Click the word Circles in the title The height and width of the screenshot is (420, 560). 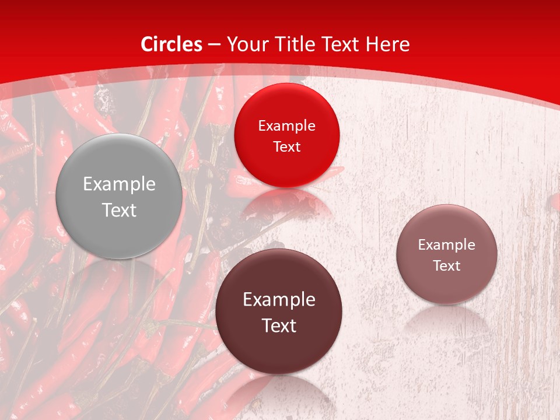click(x=171, y=44)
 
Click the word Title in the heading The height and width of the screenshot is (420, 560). click(x=295, y=44)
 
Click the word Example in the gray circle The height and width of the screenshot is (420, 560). click(x=119, y=184)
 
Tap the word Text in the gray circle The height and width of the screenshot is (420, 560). click(x=119, y=211)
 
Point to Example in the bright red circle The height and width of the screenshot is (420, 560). click(x=286, y=126)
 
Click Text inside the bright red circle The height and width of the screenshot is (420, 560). click(x=286, y=146)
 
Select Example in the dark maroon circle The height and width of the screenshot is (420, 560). click(x=278, y=300)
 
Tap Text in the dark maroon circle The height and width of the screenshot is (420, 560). click(x=278, y=325)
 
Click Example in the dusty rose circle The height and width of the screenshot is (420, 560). click(x=446, y=245)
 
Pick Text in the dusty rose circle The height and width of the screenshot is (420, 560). click(x=446, y=266)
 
